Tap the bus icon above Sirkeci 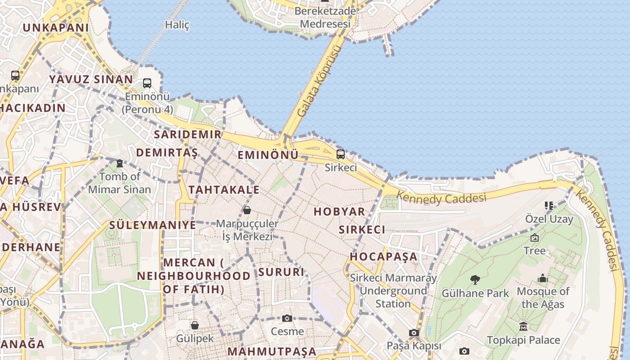(x=341, y=154)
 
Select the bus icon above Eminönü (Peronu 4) (x=147, y=83)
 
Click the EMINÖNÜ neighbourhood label (x=268, y=155)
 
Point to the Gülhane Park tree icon (x=475, y=280)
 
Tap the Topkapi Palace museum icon (x=523, y=326)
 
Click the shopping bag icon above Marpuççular (x=247, y=210)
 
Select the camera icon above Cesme (x=287, y=319)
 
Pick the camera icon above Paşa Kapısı (x=414, y=333)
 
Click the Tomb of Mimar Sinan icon (x=120, y=163)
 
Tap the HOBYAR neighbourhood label (x=339, y=212)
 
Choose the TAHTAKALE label (x=224, y=190)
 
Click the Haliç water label (x=177, y=25)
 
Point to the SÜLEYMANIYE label (x=153, y=225)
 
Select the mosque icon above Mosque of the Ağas (x=543, y=279)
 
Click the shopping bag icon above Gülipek (x=195, y=325)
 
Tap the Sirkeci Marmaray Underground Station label (x=393, y=291)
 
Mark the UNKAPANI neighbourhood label (x=56, y=27)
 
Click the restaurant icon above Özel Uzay (x=549, y=206)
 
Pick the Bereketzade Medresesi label (x=325, y=17)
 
